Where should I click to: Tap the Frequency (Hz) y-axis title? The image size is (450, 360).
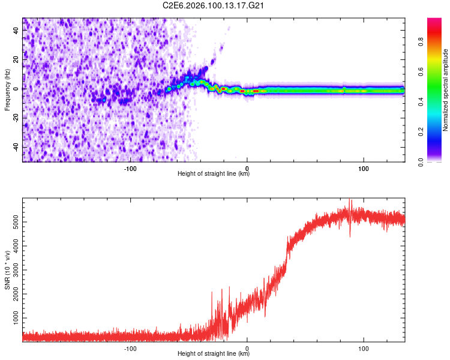(7, 89)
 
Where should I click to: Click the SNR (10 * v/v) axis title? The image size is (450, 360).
(7, 270)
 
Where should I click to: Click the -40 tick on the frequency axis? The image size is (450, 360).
(16, 147)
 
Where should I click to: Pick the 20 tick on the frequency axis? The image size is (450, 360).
(17, 59)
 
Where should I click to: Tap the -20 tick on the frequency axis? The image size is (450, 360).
(16, 118)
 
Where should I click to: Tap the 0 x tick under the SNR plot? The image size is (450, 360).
(247, 348)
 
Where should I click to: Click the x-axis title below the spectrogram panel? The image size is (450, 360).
(214, 174)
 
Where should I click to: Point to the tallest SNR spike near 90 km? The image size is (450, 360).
(351, 201)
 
